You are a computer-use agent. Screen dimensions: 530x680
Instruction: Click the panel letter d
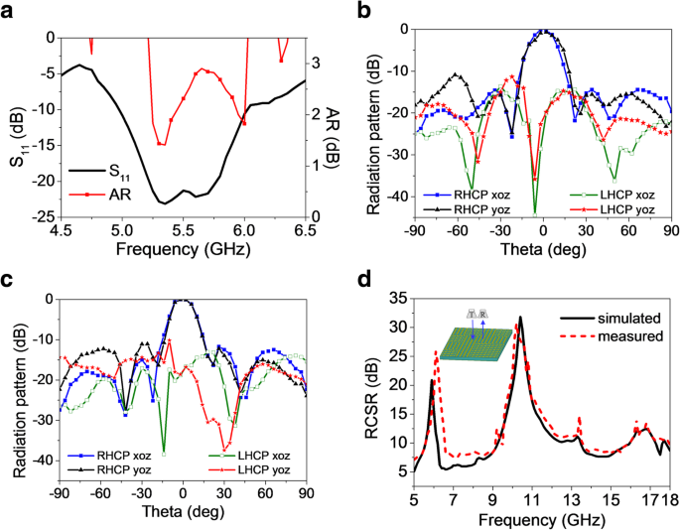click(x=365, y=279)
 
